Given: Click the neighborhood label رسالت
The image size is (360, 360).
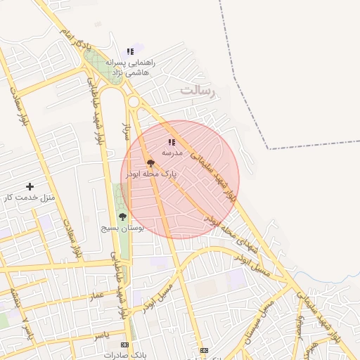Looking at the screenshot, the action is pyautogui.click(x=200, y=91).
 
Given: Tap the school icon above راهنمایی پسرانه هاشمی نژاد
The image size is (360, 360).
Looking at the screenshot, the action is pyautogui.click(x=130, y=51).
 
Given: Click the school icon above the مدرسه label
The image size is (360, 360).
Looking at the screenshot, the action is pyautogui.click(x=172, y=142).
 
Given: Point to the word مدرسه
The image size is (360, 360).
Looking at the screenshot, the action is pyautogui.click(x=172, y=152).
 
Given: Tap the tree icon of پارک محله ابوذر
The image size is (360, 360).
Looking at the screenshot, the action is pyautogui.click(x=150, y=163).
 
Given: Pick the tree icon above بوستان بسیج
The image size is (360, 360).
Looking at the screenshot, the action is pyautogui.click(x=122, y=217).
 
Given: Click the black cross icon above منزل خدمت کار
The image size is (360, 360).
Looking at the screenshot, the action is pyautogui.click(x=30, y=186).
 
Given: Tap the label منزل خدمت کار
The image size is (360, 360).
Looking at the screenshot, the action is pyautogui.click(x=29, y=198).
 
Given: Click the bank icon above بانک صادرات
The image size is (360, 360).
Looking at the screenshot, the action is pyautogui.click(x=125, y=345).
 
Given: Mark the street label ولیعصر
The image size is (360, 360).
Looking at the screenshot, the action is pyautogui.click(x=300, y=329).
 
